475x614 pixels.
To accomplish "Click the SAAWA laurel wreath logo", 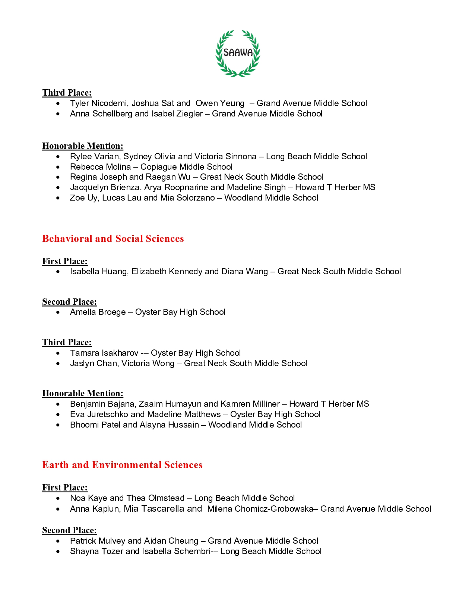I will (x=238, y=53).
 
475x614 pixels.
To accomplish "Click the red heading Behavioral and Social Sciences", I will (x=113, y=239).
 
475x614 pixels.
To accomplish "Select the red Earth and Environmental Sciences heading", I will (x=122, y=465).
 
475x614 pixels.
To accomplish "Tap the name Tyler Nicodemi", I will (x=98, y=103).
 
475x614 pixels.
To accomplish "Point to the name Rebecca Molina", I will (x=100, y=167).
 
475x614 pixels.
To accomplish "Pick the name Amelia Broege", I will (x=98, y=312).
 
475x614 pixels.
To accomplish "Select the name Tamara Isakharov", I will (x=104, y=353).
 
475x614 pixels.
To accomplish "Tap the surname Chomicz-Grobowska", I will (x=274, y=509).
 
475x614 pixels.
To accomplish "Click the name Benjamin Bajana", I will (x=103, y=404).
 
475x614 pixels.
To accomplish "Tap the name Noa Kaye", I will (x=88, y=498).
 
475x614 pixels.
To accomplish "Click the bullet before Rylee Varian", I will (x=58, y=157).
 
